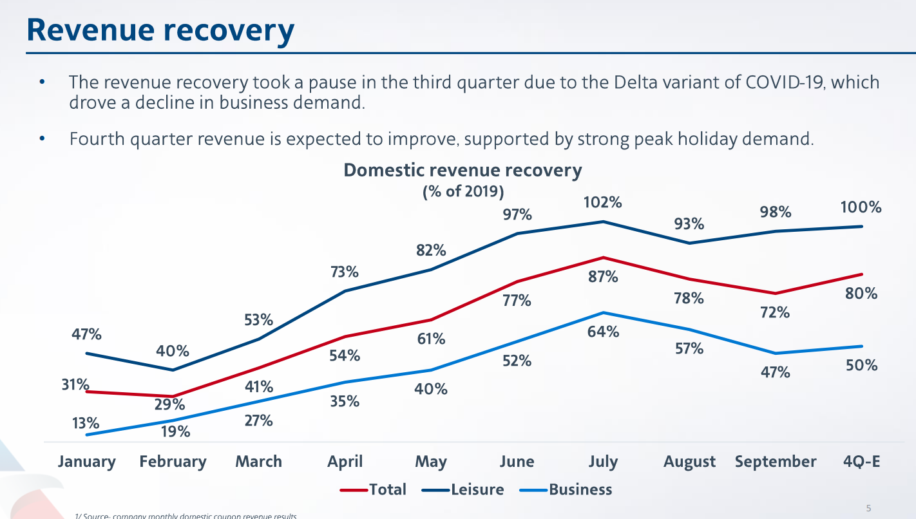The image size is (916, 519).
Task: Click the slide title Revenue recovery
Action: pyautogui.click(x=160, y=30)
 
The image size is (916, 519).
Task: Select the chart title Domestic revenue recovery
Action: pyautogui.click(x=462, y=171)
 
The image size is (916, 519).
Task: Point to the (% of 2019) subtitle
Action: pyautogui.click(x=463, y=192)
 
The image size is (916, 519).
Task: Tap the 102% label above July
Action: pyautogui.click(x=603, y=202)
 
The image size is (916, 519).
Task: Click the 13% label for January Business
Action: pyautogui.click(x=85, y=423)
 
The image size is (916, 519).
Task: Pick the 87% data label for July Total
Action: pyautogui.click(x=603, y=277)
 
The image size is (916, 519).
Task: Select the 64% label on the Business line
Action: pyautogui.click(x=603, y=332)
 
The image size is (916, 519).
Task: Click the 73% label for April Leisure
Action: pyautogui.click(x=344, y=272)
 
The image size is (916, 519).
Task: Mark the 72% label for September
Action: pyautogui.click(x=774, y=312)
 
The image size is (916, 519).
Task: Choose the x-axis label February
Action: pyautogui.click(x=173, y=462)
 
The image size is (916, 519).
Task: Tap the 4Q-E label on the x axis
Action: pyautogui.click(x=861, y=462)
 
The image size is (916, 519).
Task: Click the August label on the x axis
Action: pyautogui.click(x=689, y=462)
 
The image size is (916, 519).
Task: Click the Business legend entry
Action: pyautogui.click(x=580, y=489)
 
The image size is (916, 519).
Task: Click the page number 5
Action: pyautogui.click(x=868, y=509)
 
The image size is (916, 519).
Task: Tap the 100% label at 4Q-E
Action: pyautogui.click(x=861, y=207)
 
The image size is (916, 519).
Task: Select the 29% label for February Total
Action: pyautogui.click(x=172, y=404)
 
